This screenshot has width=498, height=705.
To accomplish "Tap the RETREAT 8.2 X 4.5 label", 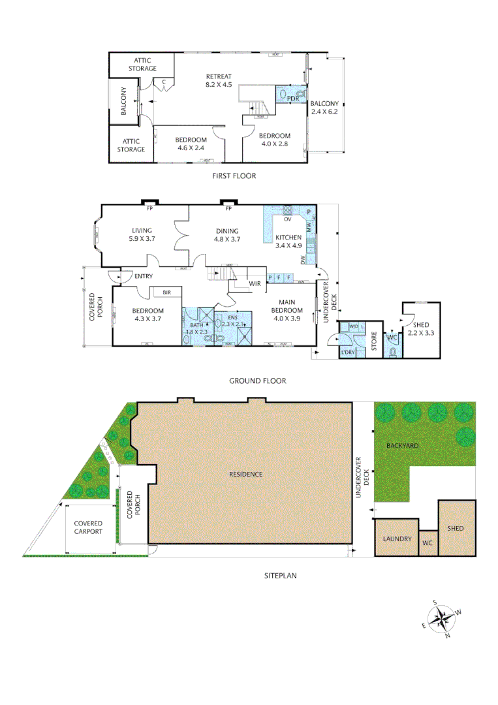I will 219,80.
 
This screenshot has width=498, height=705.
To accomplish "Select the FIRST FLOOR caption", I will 234,176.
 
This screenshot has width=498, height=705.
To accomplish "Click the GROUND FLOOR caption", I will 257,381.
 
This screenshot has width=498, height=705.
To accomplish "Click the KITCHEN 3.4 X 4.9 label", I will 288,242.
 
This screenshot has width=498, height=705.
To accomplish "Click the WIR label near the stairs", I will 255,284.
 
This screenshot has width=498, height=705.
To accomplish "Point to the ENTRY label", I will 143,277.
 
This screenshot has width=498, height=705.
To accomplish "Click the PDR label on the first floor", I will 293,99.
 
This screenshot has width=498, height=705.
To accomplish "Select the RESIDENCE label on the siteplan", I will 245,474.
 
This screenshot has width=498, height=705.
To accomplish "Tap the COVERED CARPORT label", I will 88,527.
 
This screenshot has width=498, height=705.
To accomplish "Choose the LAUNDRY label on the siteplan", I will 397,539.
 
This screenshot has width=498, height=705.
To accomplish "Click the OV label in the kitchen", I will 287,219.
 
